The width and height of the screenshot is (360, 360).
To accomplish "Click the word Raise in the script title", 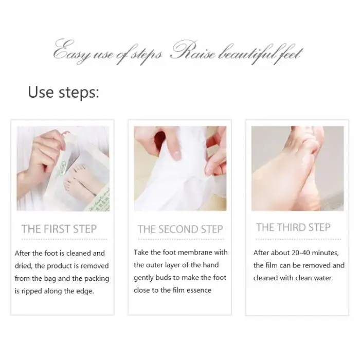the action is click(x=193, y=50).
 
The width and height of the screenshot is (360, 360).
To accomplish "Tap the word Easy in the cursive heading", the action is click(x=71, y=51).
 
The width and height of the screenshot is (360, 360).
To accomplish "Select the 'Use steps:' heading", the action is click(x=63, y=92).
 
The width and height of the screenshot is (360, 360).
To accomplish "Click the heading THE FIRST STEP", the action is click(x=59, y=229).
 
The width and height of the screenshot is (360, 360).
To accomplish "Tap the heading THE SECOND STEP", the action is click(x=180, y=229).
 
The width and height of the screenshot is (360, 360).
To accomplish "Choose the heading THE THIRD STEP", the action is click(x=293, y=227).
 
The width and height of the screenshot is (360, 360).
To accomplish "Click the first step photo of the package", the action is click(x=63, y=168).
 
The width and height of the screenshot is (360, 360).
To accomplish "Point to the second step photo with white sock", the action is click(x=180, y=168).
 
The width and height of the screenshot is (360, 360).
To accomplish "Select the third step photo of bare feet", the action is click(x=298, y=168).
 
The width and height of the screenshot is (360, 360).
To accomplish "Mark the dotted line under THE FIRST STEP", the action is click(x=64, y=239).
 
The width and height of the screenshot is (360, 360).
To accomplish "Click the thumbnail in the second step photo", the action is click(x=176, y=155).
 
